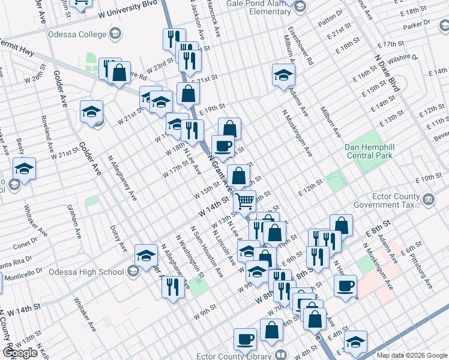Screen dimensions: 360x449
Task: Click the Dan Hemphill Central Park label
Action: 369,151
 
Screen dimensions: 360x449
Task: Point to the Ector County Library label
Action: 249,354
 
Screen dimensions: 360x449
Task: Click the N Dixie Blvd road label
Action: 386,71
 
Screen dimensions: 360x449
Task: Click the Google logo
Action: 20,353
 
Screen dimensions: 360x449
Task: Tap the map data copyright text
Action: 412,355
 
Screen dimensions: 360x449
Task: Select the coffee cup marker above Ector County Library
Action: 244,340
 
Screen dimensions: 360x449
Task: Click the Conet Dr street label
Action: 25,245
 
